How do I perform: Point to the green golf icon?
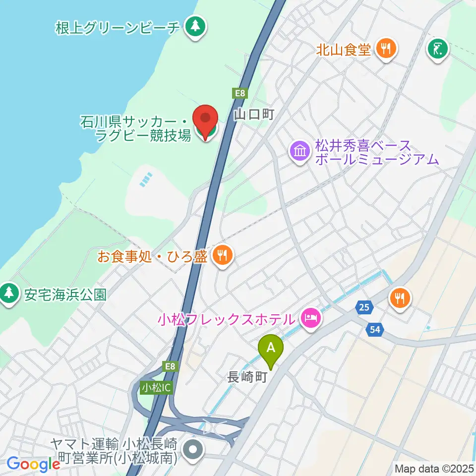coord(438,49)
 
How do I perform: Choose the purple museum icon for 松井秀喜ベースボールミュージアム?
coord(300,152)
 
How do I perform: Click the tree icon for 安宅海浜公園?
coord(9,294)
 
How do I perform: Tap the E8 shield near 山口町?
coord(239,93)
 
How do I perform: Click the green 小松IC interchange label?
coord(156,387)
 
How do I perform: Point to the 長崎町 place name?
coord(247,377)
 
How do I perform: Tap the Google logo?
coord(33,465)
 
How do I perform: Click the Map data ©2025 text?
coord(434,468)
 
